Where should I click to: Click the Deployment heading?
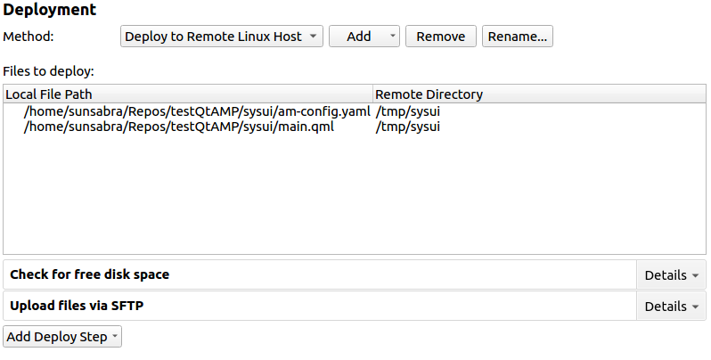[50, 11]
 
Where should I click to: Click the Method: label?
[29, 37]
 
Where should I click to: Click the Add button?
[358, 37]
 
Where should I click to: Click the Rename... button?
[518, 37]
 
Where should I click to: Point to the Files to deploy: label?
[49, 70]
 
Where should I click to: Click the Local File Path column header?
[49, 94]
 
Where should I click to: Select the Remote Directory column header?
[429, 94]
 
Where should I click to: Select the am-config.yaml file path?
[197, 112]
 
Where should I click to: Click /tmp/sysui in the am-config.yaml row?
[408, 112]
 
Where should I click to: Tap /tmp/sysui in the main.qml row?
[408, 127]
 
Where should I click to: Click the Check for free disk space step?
[89, 274]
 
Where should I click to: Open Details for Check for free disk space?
[671, 275]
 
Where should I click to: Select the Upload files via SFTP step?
[77, 306]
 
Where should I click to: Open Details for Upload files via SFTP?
[671, 307]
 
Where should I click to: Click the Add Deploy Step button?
[62, 337]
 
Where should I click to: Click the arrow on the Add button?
[393, 37]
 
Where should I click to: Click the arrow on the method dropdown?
[314, 37]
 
